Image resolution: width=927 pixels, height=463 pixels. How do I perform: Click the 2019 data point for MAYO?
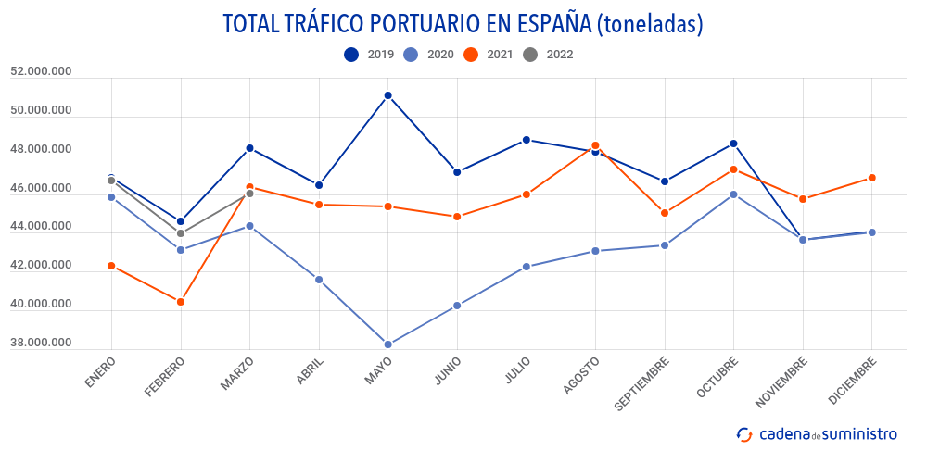(x=388, y=95)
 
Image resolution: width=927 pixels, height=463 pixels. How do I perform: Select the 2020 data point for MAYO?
(x=388, y=344)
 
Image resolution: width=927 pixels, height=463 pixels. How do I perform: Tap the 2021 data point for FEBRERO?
(x=181, y=302)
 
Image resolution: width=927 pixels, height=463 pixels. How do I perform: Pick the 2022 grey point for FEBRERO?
(x=181, y=233)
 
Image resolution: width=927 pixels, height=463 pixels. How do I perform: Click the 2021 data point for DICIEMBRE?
(x=872, y=178)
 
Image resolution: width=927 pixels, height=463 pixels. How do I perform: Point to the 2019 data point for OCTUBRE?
(x=734, y=144)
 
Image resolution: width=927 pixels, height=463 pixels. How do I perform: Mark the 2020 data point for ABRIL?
(x=319, y=280)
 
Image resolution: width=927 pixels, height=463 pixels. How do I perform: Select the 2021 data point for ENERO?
(x=111, y=266)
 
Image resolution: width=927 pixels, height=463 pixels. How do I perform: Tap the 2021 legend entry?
(x=488, y=55)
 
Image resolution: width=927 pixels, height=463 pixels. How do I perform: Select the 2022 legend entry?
(x=548, y=55)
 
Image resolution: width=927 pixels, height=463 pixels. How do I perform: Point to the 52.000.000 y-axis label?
(x=41, y=71)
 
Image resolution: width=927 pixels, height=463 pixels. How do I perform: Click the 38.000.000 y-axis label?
(x=41, y=344)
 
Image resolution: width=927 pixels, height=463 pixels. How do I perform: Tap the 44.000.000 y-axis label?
(x=41, y=227)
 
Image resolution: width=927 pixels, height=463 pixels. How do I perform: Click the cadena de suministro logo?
(x=817, y=433)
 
